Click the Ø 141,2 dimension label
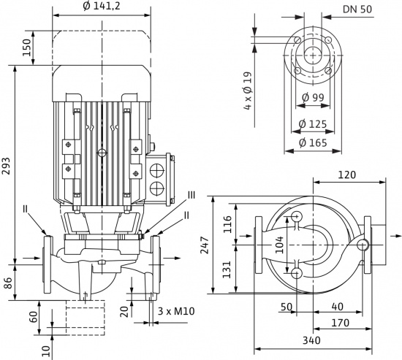(x=102, y=6)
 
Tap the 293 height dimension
(x=6, y=166)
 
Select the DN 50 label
(x=357, y=9)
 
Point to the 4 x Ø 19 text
(x=249, y=91)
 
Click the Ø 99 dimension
(x=313, y=97)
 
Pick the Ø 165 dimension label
(x=313, y=142)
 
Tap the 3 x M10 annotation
(x=176, y=311)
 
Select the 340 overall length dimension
(x=311, y=340)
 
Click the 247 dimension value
(x=205, y=245)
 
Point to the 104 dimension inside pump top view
(x=280, y=245)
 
